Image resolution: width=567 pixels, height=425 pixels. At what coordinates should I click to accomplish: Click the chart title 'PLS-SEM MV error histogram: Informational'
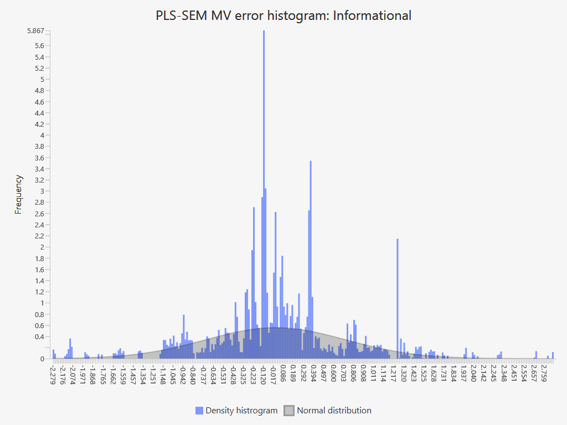click(x=283, y=15)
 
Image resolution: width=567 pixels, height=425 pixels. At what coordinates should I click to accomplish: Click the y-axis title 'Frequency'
click(x=19, y=194)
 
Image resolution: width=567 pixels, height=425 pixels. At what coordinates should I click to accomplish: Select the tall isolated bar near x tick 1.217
click(x=398, y=299)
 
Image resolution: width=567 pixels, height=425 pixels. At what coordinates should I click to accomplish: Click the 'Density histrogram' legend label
click(x=241, y=411)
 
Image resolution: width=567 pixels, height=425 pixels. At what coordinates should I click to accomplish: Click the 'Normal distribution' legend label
click(x=334, y=411)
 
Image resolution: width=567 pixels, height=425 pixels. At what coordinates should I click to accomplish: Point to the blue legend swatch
click(x=199, y=411)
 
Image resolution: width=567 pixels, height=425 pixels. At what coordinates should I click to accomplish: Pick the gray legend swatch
click(x=289, y=411)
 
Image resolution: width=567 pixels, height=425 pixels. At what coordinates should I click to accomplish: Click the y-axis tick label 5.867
click(x=35, y=30)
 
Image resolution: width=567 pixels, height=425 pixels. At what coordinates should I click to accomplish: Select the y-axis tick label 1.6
click(x=39, y=269)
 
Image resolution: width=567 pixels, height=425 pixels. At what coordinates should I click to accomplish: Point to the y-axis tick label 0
click(x=42, y=359)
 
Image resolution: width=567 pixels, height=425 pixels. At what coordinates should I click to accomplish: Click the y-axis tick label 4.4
click(x=39, y=113)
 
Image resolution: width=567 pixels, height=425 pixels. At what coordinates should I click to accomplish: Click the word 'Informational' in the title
click(x=372, y=15)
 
